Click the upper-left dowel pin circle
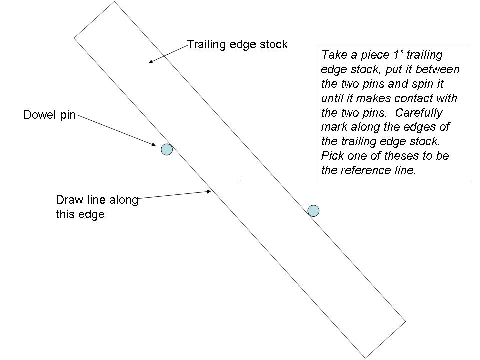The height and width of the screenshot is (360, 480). click(x=166, y=149)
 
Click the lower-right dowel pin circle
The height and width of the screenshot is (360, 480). click(x=313, y=211)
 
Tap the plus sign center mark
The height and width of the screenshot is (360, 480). click(x=240, y=180)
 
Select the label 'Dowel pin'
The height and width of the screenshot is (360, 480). click(x=50, y=115)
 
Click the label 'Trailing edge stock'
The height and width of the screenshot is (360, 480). click(x=237, y=44)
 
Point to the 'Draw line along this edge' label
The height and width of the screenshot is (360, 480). click(x=97, y=207)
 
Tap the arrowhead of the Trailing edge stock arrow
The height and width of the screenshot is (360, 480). click(x=151, y=62)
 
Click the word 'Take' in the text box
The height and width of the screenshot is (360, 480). click(x=333, y=55)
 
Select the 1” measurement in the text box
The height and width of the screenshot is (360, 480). click(x=390, y=55)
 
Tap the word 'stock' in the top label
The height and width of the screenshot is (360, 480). click(x=274, y=44)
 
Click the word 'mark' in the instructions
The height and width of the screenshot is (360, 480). click(x=334, y=127)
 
